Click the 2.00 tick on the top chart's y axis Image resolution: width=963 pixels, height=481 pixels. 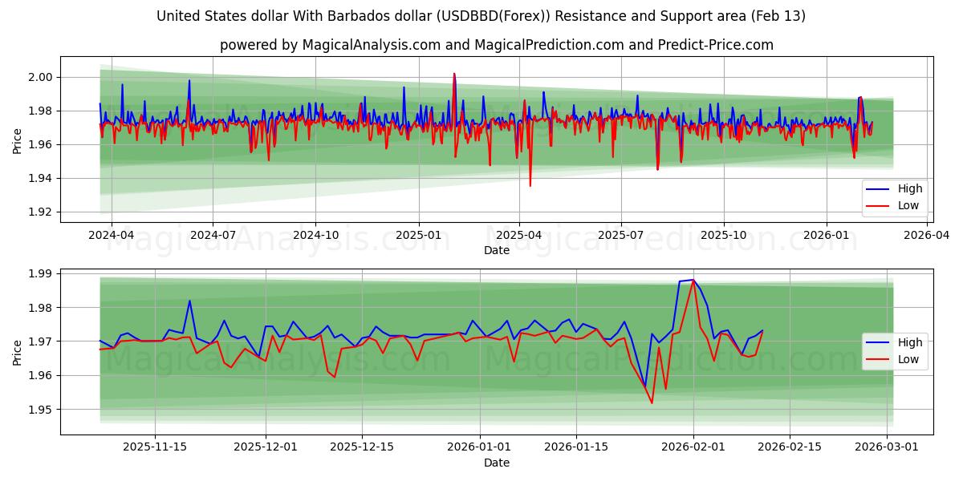(x=41, y=77)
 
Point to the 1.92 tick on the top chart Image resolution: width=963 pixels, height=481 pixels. (x=41, y=212)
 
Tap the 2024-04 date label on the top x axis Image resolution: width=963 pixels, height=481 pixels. (x=111, y=235)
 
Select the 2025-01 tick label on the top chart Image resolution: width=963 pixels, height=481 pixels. (x=417, y=235)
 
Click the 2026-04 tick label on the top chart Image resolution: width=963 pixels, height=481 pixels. (x=928, y=235)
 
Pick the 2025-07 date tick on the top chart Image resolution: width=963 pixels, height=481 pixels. (x=621, y=235)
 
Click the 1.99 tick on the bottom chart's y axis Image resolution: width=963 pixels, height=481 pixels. (x=41, y=273)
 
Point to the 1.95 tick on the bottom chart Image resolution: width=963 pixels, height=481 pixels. (x=41, y=410)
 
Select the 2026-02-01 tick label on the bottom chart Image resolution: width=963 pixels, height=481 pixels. (x=693, y=447)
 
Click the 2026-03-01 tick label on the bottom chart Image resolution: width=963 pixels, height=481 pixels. (x=887, y=447)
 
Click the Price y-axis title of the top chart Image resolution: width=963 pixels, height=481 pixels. (x=18, y=141)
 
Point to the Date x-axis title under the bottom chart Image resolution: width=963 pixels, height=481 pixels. (x=496, y=463)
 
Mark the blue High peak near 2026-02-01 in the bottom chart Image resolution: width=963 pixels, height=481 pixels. (x=693, y=280)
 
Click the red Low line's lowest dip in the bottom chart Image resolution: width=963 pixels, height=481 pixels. (x=652, y=402)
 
